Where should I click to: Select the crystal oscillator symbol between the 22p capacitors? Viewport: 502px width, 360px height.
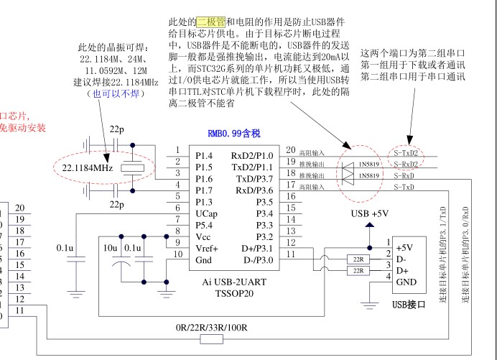[131, 169]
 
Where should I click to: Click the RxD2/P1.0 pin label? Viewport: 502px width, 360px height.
[252, 155]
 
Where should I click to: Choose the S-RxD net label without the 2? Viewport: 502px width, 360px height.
[404, 176]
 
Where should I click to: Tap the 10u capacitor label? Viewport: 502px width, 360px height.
[110, 247]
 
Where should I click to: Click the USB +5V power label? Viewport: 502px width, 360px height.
[370, 213]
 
